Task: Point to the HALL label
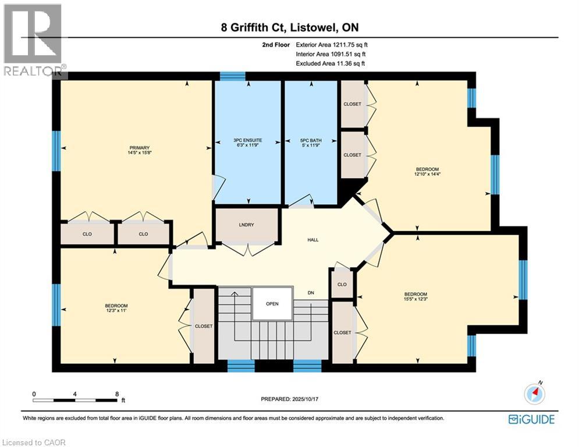(312, 240)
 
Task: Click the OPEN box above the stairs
(272, 303)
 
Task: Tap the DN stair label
(312, 293)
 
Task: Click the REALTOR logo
(33, 41)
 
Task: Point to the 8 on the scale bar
(117, 394)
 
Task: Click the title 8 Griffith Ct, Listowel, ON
(289, 27)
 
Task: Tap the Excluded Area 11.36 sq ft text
(330, 63)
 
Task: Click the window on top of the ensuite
(232, 76)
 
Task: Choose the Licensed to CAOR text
(34, 442)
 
